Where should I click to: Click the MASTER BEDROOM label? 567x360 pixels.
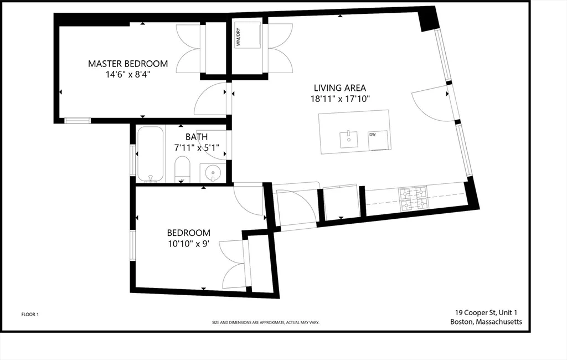(128, 64)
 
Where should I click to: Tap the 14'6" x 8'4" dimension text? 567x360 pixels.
(128, 75)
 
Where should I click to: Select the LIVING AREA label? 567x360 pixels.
(340, 88)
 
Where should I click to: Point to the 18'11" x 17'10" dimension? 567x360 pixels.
(340, 99)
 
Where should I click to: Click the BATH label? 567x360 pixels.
(197, 137)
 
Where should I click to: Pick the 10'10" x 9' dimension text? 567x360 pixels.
(188, 244)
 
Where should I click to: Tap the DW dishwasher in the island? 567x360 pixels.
(378, 140)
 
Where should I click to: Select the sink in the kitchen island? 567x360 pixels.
(349, 140)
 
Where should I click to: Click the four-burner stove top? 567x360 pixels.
(413, 198)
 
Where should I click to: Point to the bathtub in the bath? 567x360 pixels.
(151, 154)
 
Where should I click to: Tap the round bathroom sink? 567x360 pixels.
(213, 173)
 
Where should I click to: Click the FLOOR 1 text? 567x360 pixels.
(30, 315)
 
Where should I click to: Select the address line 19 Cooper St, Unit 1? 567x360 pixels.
(486, 312)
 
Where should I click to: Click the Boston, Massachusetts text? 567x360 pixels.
(486, 322)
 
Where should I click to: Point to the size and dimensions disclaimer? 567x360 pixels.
(265, 322)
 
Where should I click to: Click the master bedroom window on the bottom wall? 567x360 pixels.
(78, 121)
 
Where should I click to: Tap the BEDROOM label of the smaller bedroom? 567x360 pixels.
(188, 233)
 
